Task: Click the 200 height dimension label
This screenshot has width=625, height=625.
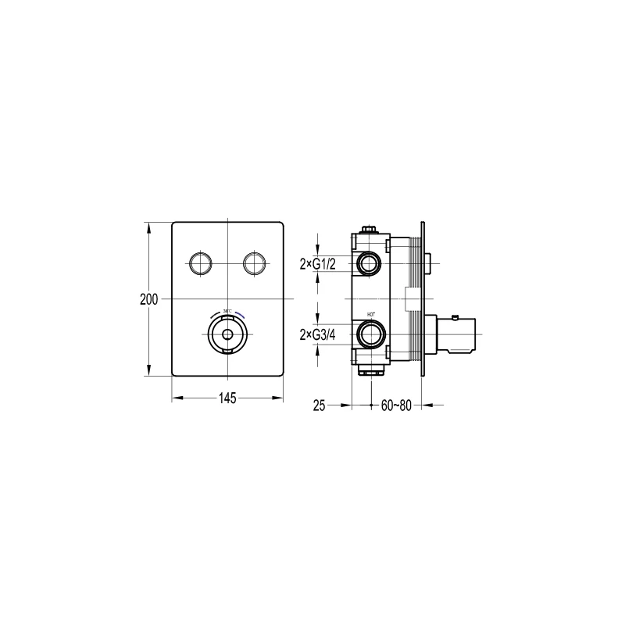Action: [x=150, y=299]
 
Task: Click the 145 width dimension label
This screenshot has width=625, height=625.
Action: [x=227, y=398]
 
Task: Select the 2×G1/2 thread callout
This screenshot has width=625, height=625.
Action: [x=317, y=264]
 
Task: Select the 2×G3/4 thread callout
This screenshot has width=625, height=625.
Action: [x=317, y=336]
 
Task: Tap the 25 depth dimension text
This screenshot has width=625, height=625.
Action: [x=318, y=405]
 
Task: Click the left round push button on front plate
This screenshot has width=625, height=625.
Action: [x=200, y=262]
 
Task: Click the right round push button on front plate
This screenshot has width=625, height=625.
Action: [x=254, y=262]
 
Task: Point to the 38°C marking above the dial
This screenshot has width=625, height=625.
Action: [x=226, y=312]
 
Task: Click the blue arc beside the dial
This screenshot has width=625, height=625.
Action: [x=240, y=314]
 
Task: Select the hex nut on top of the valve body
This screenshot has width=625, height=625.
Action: [x=368, y=230]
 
